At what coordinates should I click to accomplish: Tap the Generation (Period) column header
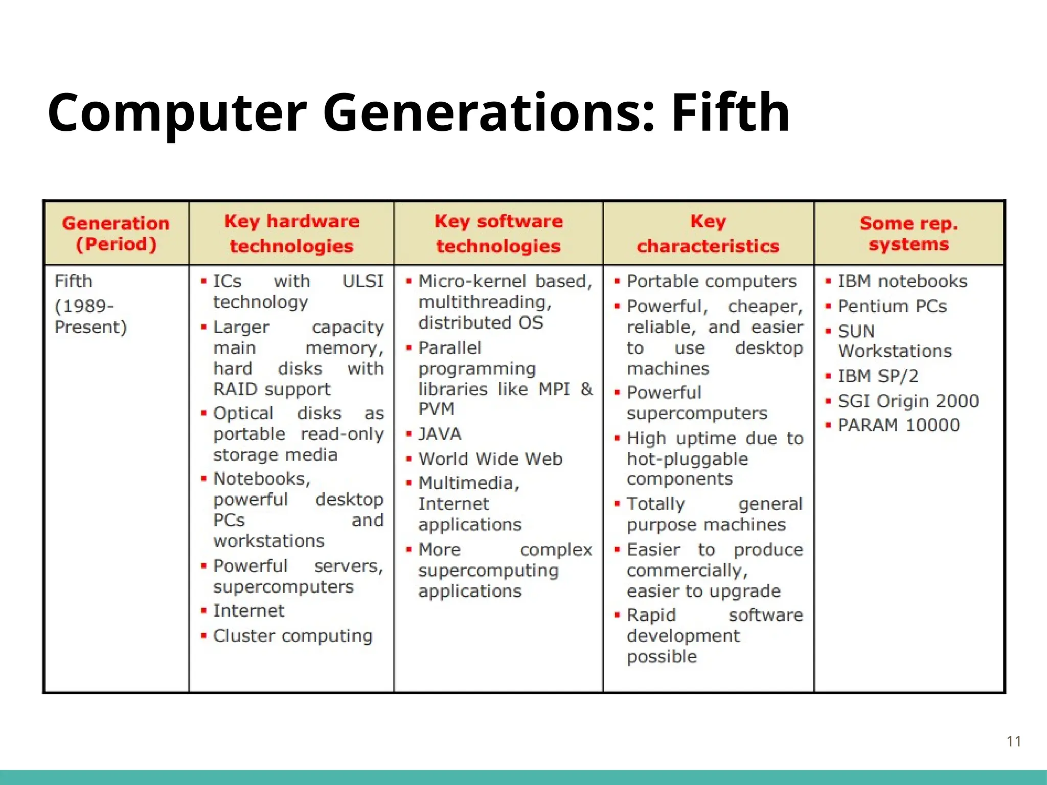pos(116,234)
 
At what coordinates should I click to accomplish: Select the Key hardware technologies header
pos(291,234)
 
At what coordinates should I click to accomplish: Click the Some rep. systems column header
pos(908,234)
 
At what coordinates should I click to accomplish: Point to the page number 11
pos(1013,741)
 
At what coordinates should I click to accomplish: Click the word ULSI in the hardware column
pos(362,281)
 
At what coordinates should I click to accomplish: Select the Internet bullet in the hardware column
pos(248,611)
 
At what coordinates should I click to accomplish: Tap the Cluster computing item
pos(292,636)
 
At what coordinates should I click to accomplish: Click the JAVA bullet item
pos(440,434)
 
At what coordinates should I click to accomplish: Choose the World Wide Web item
pos(490,459)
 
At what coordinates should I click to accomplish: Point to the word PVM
pos(436,409)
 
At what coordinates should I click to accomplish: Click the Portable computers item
pos(712,281)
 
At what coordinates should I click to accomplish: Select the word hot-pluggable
pos(687,459)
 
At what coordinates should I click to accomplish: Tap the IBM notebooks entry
pos(902,281)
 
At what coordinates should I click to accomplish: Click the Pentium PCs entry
pos(892,306)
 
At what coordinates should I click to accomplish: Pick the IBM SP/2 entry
pos(878,376)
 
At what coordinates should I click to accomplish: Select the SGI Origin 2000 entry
pos(908,401)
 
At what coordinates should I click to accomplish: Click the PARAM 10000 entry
pos(899,425)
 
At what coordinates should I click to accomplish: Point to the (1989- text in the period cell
pos(84,306)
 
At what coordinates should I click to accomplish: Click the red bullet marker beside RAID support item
pos(203,327)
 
